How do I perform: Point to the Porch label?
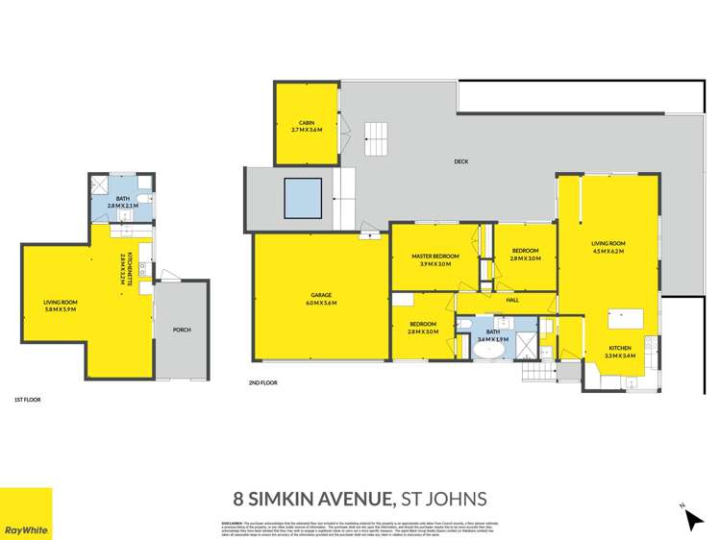182,330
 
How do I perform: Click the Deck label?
461,161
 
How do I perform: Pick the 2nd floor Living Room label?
608,247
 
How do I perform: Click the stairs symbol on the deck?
376,139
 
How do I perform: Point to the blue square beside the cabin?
302,199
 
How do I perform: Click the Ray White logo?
26,514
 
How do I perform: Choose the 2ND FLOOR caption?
262,382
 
